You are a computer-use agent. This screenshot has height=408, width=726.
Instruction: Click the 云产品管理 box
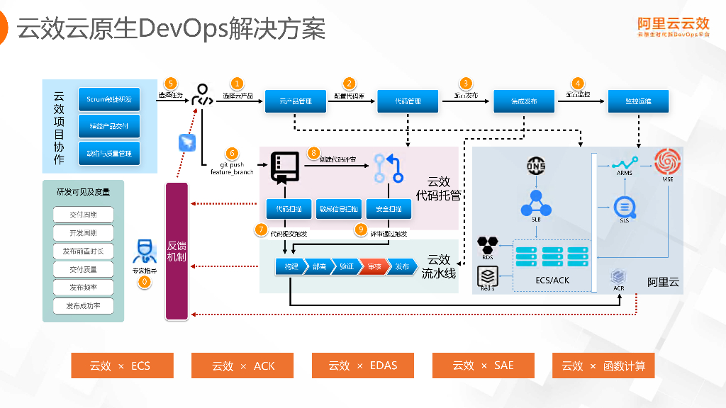[x=296, y=101]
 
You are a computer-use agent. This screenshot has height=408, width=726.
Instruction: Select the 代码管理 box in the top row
[x=408, y=101]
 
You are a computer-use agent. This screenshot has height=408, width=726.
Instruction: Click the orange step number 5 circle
[x=170, y=84]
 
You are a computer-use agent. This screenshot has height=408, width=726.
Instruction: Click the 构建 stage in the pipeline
[x=291, y=267]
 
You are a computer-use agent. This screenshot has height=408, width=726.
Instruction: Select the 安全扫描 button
[x=389, y=209]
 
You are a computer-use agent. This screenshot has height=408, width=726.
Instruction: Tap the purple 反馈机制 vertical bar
[x=177, y=251]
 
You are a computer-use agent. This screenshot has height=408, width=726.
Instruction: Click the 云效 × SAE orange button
[x=483, y=365]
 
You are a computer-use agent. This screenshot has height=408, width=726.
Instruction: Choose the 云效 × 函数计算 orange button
[x=603, y=365]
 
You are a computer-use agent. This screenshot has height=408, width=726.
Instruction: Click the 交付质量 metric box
[x=83, y=270]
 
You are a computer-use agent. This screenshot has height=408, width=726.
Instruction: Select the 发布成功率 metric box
[x=83, y=307]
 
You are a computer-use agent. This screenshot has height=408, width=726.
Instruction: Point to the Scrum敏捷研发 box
[x=108, y=99]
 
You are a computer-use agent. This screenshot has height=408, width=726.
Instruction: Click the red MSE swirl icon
[x=667, y=162]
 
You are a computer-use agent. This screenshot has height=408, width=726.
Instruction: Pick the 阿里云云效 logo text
[x=673, y=23]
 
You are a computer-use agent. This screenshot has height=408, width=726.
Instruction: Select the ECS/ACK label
[x=552, y=280]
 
